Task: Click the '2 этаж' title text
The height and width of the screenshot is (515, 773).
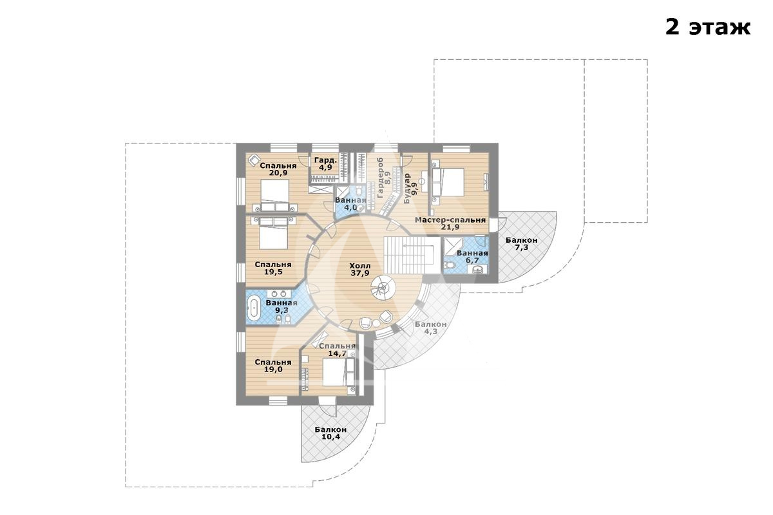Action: (708, 28)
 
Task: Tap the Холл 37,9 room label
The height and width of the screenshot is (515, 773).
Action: (360, 269)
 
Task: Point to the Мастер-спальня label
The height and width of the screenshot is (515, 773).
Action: (450, 220)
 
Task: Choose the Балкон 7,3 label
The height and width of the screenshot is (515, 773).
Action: (521, 243)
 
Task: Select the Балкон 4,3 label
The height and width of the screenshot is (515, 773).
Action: (431, 328)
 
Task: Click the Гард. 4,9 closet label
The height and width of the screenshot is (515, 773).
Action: (325, 164)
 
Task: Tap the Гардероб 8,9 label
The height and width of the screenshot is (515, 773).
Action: (384, 178)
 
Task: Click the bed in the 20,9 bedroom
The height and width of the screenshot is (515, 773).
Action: (275, 195)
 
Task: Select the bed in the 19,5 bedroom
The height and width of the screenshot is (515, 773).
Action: (274, 233)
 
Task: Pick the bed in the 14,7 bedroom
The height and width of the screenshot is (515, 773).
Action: (334, 372)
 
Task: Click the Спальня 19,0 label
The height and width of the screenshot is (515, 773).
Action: (273, 366)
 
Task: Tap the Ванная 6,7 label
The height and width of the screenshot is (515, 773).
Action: (472, 256)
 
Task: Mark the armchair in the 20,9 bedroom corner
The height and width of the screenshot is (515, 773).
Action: (254, 160)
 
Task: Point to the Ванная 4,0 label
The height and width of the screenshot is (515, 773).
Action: (350, 204)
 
